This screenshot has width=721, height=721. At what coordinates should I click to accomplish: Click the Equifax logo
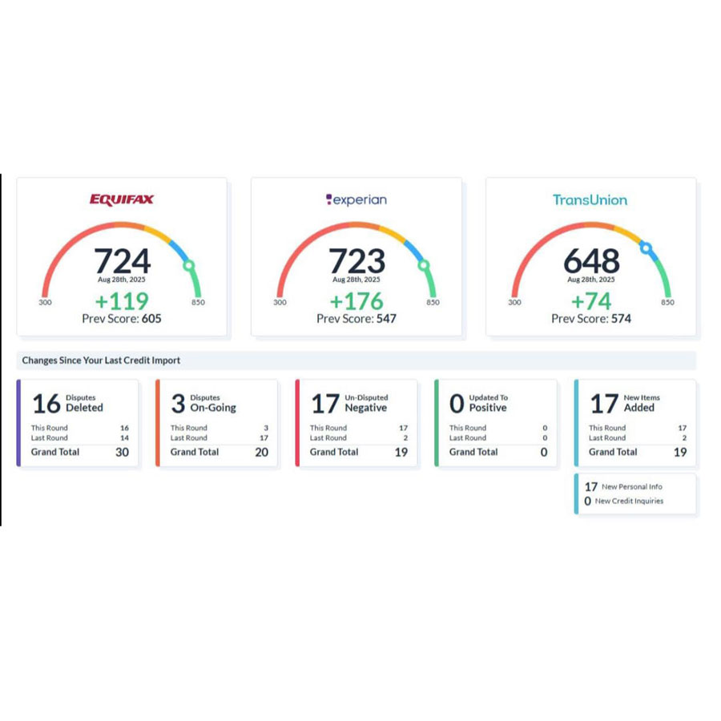122,199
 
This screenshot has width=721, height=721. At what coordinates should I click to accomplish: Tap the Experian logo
356,199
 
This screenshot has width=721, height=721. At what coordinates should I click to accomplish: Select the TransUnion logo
590,199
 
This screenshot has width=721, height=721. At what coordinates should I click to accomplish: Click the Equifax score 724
122,260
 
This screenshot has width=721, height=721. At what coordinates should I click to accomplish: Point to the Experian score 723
356,260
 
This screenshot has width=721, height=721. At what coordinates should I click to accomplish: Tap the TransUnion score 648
591,260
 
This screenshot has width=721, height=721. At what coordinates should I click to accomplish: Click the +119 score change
122,301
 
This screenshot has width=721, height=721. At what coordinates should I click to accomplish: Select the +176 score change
356,301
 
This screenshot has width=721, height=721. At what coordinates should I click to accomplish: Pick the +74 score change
591,301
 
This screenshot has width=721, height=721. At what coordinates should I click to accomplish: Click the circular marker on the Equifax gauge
189,265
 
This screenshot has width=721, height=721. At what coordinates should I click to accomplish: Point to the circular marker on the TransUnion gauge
646,248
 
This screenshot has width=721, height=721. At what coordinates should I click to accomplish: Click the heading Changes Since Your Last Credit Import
101,360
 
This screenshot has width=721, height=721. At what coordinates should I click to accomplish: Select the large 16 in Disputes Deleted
46,403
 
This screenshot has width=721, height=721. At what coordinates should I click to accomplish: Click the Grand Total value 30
122,452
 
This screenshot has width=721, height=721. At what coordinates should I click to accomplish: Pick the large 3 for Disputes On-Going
178,403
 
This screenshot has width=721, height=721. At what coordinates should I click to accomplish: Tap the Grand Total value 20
261,452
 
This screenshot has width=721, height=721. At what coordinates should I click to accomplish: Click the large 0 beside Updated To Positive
457,403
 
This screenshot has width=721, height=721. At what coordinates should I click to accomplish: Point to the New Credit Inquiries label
629,501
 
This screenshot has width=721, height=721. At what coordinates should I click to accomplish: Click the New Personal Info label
632,487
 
